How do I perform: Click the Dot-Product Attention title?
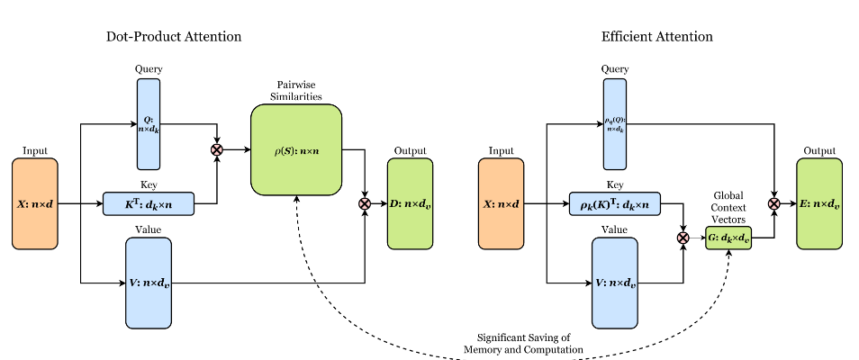173,37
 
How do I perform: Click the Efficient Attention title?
656,37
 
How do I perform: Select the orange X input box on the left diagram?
34,203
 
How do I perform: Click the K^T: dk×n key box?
149,204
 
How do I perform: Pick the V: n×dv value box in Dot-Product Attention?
149,283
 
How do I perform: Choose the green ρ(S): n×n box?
296,149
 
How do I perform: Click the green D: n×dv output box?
410,203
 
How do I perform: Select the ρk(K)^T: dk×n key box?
615,204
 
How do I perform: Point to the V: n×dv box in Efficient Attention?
615,283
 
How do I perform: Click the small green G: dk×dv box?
729,238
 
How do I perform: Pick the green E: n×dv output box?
819,203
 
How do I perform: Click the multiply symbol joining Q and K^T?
217,149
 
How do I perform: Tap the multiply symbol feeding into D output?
365,204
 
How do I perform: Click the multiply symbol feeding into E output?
773,204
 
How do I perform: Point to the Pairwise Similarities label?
296,90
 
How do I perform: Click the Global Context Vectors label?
729,207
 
